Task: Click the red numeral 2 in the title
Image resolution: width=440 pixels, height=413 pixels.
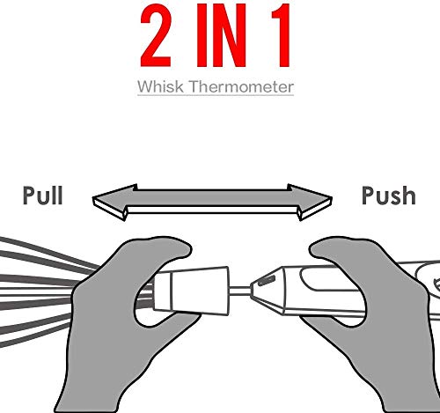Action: tap(156, 35)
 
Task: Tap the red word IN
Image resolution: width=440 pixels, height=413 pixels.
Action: tap(222, 35)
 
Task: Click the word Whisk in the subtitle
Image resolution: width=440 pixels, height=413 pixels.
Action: tap(160, 86)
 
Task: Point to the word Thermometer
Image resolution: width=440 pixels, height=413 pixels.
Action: tap(241, 86)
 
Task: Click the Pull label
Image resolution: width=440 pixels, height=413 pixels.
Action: tap(43, 195)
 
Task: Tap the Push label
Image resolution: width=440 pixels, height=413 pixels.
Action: tap(389, 195)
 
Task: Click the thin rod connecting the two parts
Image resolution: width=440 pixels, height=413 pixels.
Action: tap(239, 291)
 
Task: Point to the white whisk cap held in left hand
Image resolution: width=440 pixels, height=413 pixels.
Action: tap(191, 291)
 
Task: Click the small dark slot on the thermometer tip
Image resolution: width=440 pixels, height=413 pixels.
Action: tap(266, 280)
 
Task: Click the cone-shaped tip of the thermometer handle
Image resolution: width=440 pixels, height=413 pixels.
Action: tap(268, 291)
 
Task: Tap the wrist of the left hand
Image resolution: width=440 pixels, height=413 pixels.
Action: tap(88, 390)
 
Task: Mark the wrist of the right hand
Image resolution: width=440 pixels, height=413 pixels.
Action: tap(411, 394)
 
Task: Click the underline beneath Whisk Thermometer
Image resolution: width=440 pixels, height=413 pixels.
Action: tap(216, 95)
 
